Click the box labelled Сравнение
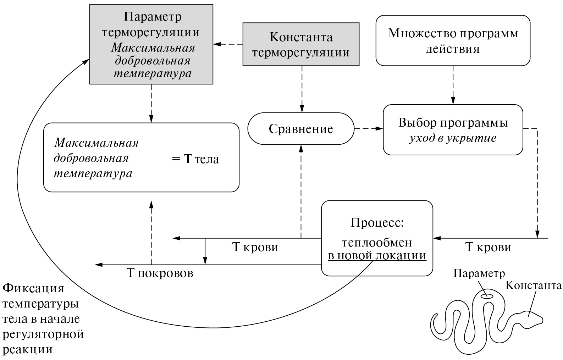pyautogui.click(x=301, y=129)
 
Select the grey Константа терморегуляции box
pyautogui.click(x=300, y=44)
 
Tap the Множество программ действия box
pyautogui.click(x=453, y=40)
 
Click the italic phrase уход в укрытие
pyautogui.click(x=453, y=138)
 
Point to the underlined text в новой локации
pyautogui.click(x=377, y=256)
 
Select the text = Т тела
pyautogui.click(x=195, y=159)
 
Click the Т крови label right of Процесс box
pyautogui.click(x=488, y=247)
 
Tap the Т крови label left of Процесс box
pyautogui.click(x=255, y=247)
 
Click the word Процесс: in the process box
pyautogui.click(x=377, y=223)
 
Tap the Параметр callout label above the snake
pyautogui.click(x=479, y=273)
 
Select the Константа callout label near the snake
pyautogui.click(x=533, y=285)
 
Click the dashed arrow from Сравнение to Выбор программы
pyautogui.click(x=369, y=129)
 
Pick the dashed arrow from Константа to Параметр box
pyautogui.click(x=228, y=44)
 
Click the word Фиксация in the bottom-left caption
pyautogui.click(x=33, y=288)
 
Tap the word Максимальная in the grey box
pyautogui.click(x=153, y=48)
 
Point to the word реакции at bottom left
pyautogui.click(x=28, y=349)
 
